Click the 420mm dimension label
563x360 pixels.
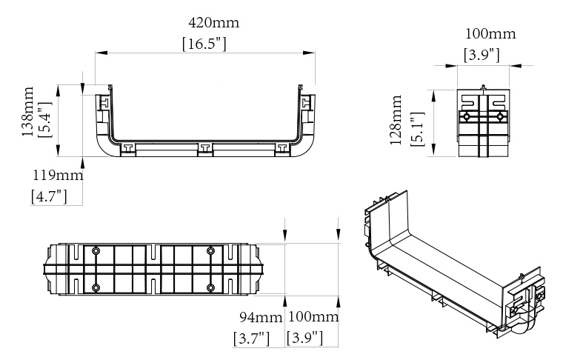click(213, 23)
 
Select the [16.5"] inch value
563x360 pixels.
click(204, 44)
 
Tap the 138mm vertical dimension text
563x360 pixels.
click(27, 112)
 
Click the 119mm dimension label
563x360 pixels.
click(59, 176)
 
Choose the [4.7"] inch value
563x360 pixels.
click(49, 197)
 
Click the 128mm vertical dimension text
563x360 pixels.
click(396, 120)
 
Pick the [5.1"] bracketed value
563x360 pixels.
click(417, 129)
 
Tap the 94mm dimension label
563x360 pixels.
click(261, 317)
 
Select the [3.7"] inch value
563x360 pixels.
click(251, 339)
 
